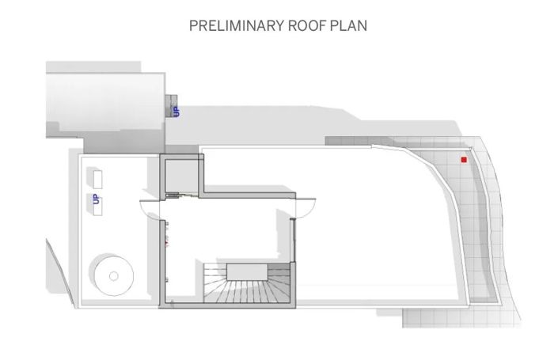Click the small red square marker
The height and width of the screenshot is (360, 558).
pos(464,160)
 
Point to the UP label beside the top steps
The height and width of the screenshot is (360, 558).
pos(177,112)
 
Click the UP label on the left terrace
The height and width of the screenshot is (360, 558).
pos(96,199)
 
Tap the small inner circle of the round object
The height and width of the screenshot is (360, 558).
pos(113,275)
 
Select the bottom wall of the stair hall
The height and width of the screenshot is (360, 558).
pos(230,305)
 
